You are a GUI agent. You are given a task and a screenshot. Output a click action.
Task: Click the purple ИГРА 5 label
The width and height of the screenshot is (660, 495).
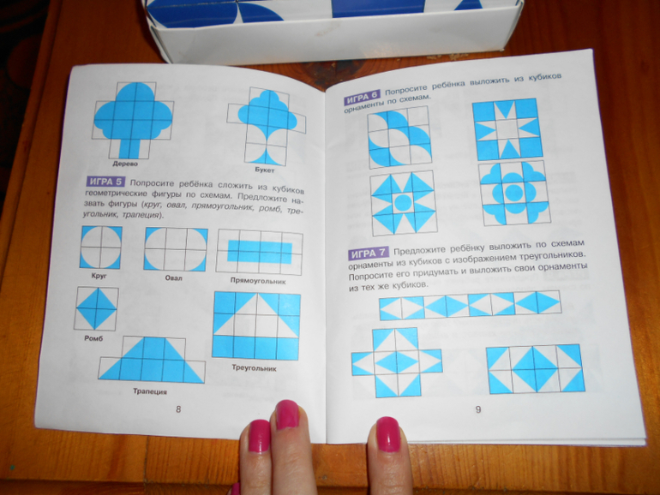pos(105,182)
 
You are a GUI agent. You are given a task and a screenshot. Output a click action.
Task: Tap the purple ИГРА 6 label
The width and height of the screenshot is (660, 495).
pos(362,98)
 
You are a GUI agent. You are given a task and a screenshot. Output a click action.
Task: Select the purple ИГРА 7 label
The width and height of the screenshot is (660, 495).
pos(369,253)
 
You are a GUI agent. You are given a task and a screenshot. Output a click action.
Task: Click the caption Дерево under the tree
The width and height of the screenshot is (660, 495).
pos(125,164)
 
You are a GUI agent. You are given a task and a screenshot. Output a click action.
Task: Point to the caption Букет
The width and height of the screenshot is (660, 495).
pos(264,170)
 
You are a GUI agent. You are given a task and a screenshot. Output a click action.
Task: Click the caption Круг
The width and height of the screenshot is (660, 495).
pos(99,276)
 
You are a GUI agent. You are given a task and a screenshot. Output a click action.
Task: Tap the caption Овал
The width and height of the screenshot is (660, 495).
pos(173,278)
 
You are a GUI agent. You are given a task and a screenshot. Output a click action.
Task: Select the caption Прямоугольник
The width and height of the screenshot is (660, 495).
pos(258,281)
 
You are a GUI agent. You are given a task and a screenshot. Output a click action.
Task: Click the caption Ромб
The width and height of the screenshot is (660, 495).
pos(93,338)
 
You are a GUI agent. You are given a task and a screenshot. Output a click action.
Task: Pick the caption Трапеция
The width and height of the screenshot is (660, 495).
pos(150,391)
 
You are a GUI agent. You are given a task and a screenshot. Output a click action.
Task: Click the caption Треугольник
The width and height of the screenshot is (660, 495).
pos(254,367)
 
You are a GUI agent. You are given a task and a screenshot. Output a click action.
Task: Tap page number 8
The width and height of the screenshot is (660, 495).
pos(178,409)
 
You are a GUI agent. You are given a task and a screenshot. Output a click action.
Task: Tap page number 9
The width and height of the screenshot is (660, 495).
pos(478,409)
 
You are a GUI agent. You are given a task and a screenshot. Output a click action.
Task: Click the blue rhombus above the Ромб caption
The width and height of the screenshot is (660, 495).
pos(97,308)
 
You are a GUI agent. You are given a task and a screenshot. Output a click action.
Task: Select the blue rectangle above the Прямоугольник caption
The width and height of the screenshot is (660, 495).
pos(260,253)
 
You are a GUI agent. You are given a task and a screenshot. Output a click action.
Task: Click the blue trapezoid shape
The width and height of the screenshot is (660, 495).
pos(152,359)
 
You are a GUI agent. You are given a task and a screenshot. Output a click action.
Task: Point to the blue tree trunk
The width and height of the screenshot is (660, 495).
pos(129,148)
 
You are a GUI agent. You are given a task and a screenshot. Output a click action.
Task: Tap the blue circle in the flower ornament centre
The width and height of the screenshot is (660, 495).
pos(514,193)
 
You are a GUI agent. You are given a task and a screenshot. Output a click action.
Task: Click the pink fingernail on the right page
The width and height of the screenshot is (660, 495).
pos(387,434)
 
